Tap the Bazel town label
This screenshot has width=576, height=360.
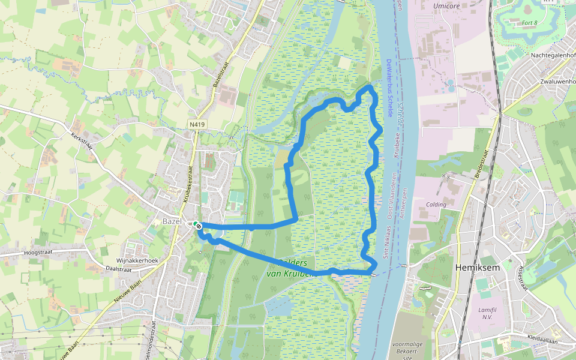point(172,221)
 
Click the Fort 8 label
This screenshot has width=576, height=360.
point(529,23)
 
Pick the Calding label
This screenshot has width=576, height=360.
point(436,205)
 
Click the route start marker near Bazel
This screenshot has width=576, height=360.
point(197,226)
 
